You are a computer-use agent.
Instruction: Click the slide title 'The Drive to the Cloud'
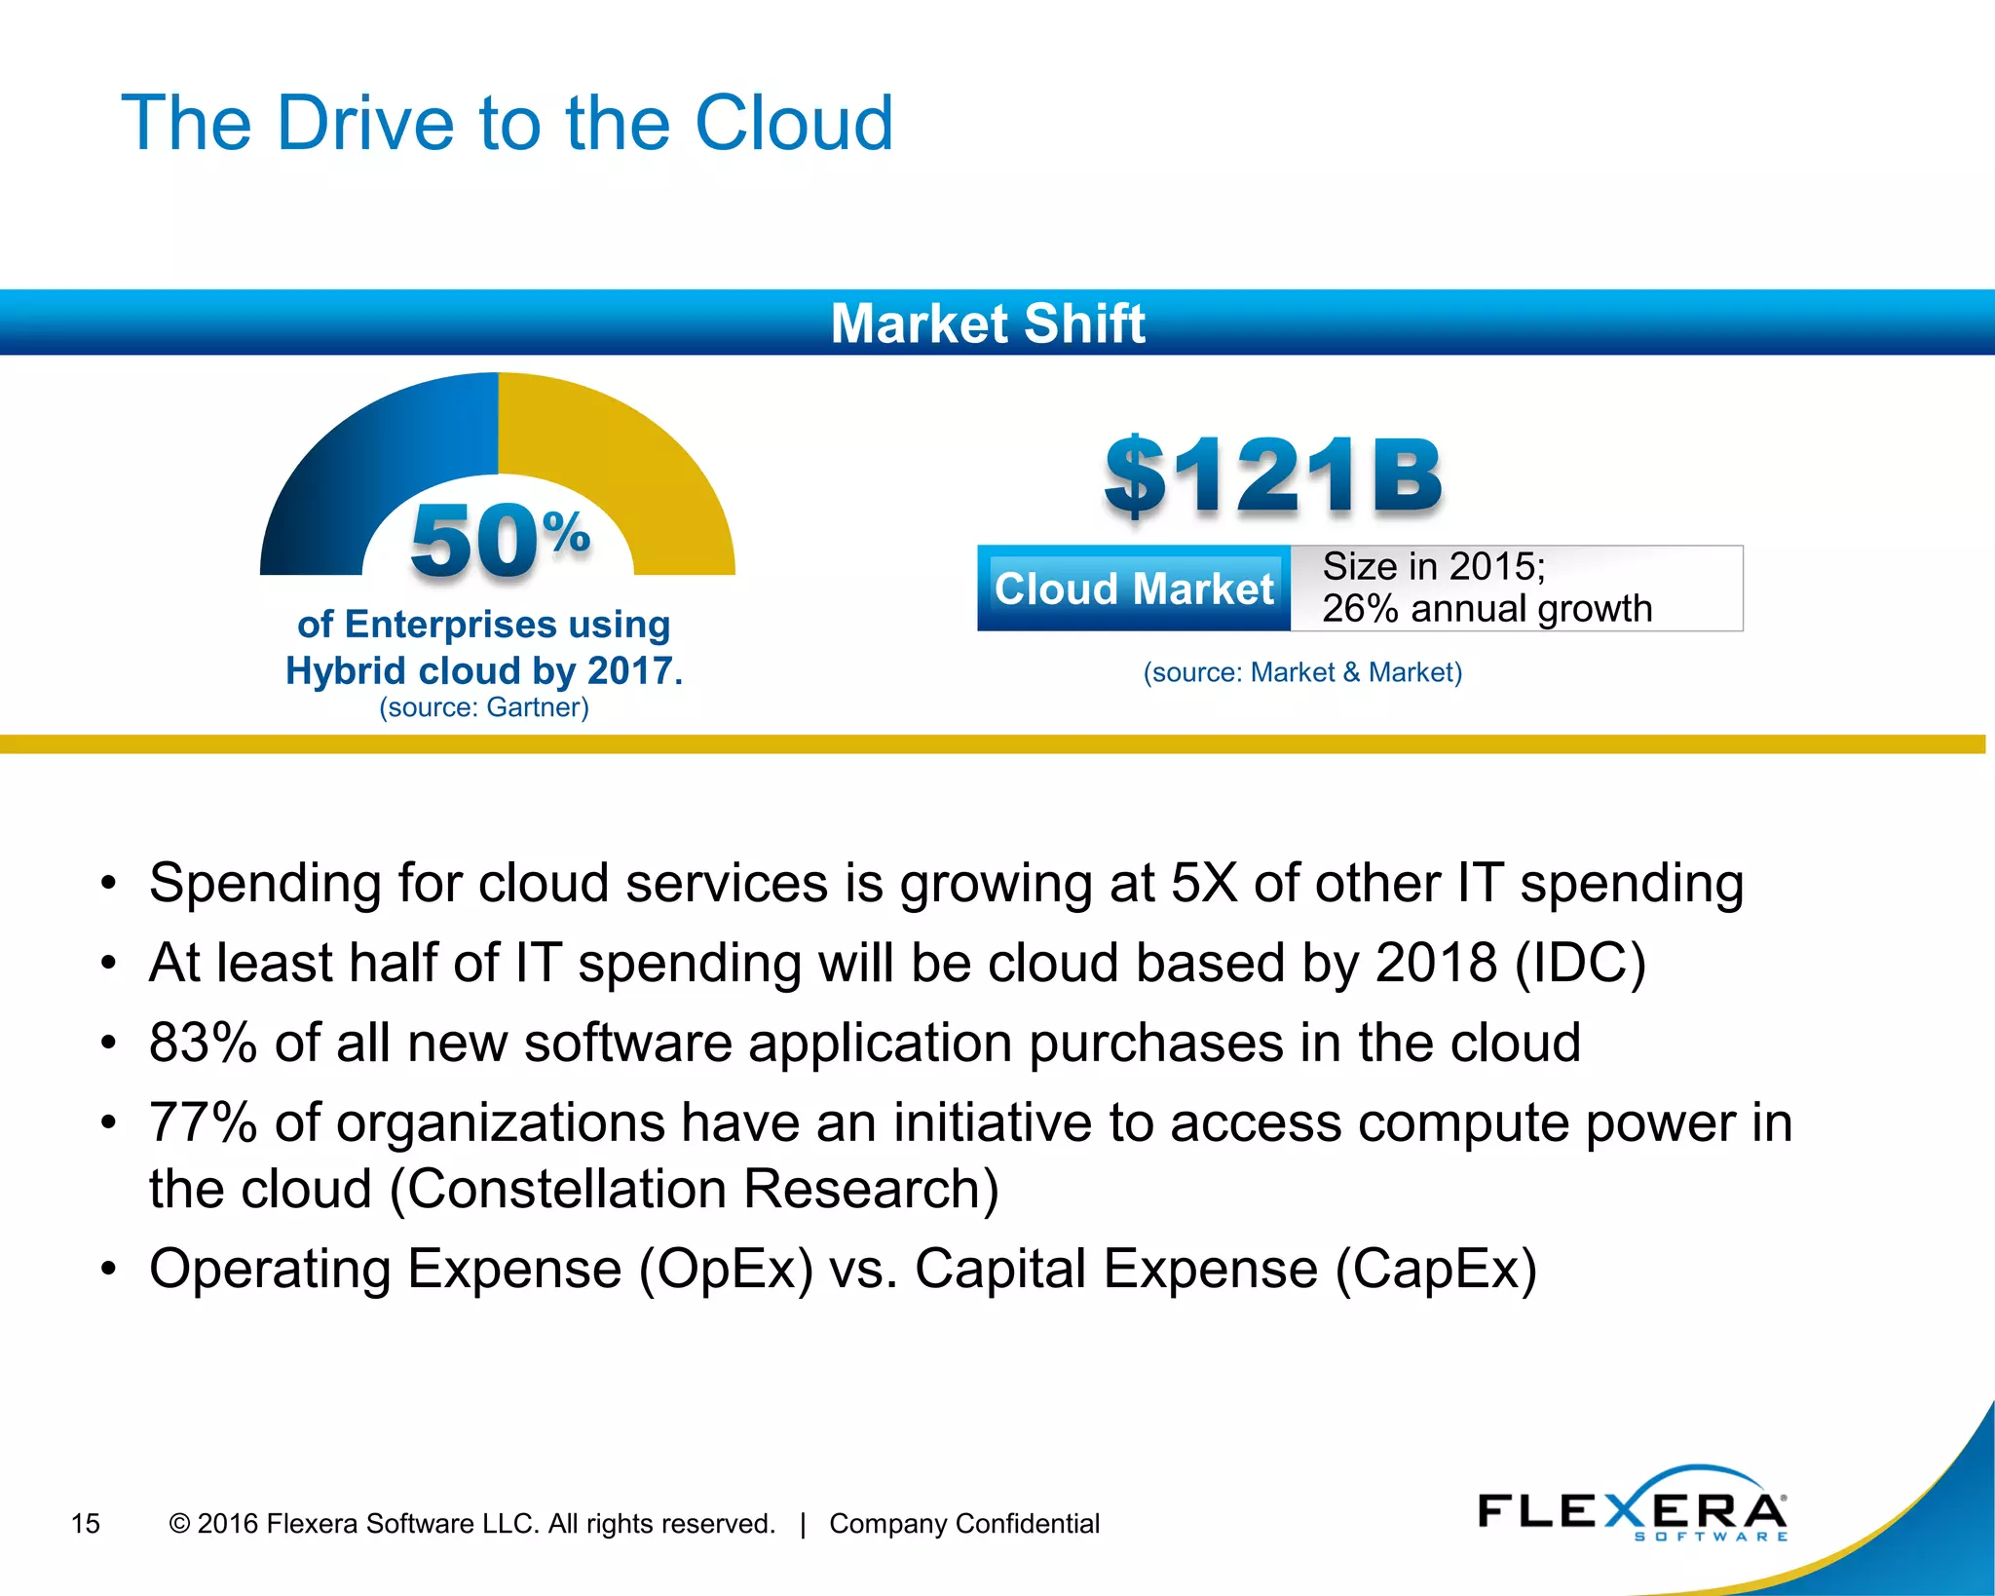(507, 124)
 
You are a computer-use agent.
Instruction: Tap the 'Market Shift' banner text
(988, 323)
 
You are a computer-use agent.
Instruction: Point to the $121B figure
(1272, 476)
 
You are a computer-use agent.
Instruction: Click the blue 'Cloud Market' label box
(1134, 589)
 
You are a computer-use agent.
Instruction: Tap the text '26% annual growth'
(1487, 609)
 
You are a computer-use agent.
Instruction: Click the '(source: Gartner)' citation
(484, 707)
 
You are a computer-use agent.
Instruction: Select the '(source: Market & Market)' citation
(1302, 672)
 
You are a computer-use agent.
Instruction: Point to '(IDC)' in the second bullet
(1580, 963)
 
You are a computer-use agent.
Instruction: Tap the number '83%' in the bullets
(203, 1043)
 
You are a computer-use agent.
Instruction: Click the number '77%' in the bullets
(203, 1122)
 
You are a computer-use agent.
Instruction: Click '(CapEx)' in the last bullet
(1436, 1270)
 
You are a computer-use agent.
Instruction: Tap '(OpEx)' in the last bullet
(726, 1270)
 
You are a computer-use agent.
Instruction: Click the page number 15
(86, 1523)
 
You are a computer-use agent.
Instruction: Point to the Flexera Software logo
(1633, 1508)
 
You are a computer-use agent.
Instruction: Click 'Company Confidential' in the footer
(964, 1523)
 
